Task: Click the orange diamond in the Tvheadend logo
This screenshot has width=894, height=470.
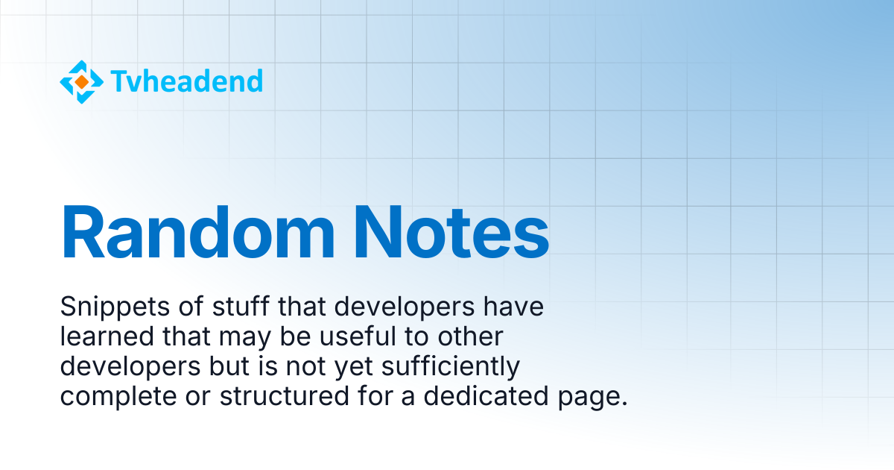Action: [x=82, y=82]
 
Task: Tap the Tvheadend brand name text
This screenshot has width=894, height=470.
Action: [x=187, y=81]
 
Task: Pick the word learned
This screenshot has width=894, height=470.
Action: [x=107, y=336]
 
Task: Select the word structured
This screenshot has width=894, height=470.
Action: [x=285, y=396]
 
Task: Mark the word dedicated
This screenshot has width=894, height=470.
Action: [x=486, y=396]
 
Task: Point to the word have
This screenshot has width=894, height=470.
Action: [x=513, y=307]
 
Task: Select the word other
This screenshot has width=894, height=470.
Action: [x=471, y=336]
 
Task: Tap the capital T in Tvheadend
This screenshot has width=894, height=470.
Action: [x=120, y=81]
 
